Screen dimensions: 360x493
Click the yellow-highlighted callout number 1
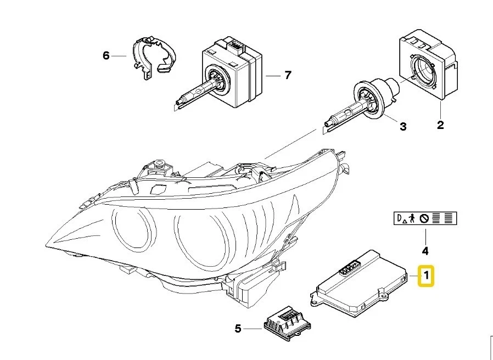pyautogui.click(x=426, y=276)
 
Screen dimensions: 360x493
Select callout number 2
pyautogui.click(x=440, y=125)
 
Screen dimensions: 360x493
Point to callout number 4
pyautogui.click(x=424, y=251)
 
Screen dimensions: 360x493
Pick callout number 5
pyautogui.click(x=238, y=329)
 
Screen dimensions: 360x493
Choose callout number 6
pyautogui.click(x=106, y=55)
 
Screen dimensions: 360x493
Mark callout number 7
pyautogui.click(x=288, y=75)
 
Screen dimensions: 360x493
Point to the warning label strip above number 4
pyautogui.click(x=425, y=218)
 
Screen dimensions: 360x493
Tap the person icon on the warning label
pyautogui.click(x=412, y=218)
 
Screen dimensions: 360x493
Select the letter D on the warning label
pyautogui.click(x=399, y=218)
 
